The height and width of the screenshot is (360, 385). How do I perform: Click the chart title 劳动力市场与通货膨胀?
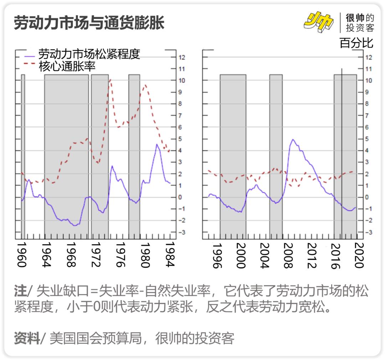pos(89,23)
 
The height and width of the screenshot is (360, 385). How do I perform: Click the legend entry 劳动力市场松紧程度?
pos(89,55)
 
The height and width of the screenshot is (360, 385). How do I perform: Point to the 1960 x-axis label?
pos(22,254)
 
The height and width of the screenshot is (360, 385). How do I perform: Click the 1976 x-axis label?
pos(120,254)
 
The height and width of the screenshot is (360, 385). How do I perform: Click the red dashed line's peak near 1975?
pos(111,80)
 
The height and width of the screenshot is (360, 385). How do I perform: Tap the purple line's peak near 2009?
pos(293,139)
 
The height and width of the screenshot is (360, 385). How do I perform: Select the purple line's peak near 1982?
pos(157,144)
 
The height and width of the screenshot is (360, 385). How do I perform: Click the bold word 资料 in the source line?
pos(26,338)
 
